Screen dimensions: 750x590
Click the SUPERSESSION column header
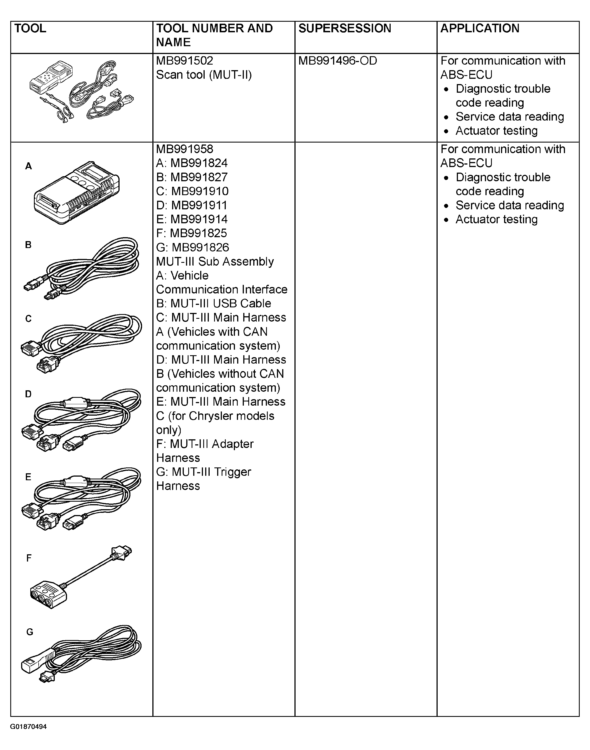(x=344, y=28)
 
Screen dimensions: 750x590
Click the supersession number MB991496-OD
(x=338, y=61)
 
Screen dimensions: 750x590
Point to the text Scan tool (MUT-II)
(x=204, y=75)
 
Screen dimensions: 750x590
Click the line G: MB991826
(x=192, y=247)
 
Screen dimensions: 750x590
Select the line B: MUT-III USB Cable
(x=214, y=303)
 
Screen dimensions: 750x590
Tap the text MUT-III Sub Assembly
(x=215, y=261)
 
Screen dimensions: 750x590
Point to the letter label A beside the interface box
(x=28, y=166)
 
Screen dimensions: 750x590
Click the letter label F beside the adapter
(x=29, y=558)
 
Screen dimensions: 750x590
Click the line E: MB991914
(x=192, y=219)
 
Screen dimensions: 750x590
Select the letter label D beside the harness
(x=28, y=394)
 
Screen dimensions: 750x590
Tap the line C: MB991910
(x=192, y=191)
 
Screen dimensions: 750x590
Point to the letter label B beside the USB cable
(x=28, y=245)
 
